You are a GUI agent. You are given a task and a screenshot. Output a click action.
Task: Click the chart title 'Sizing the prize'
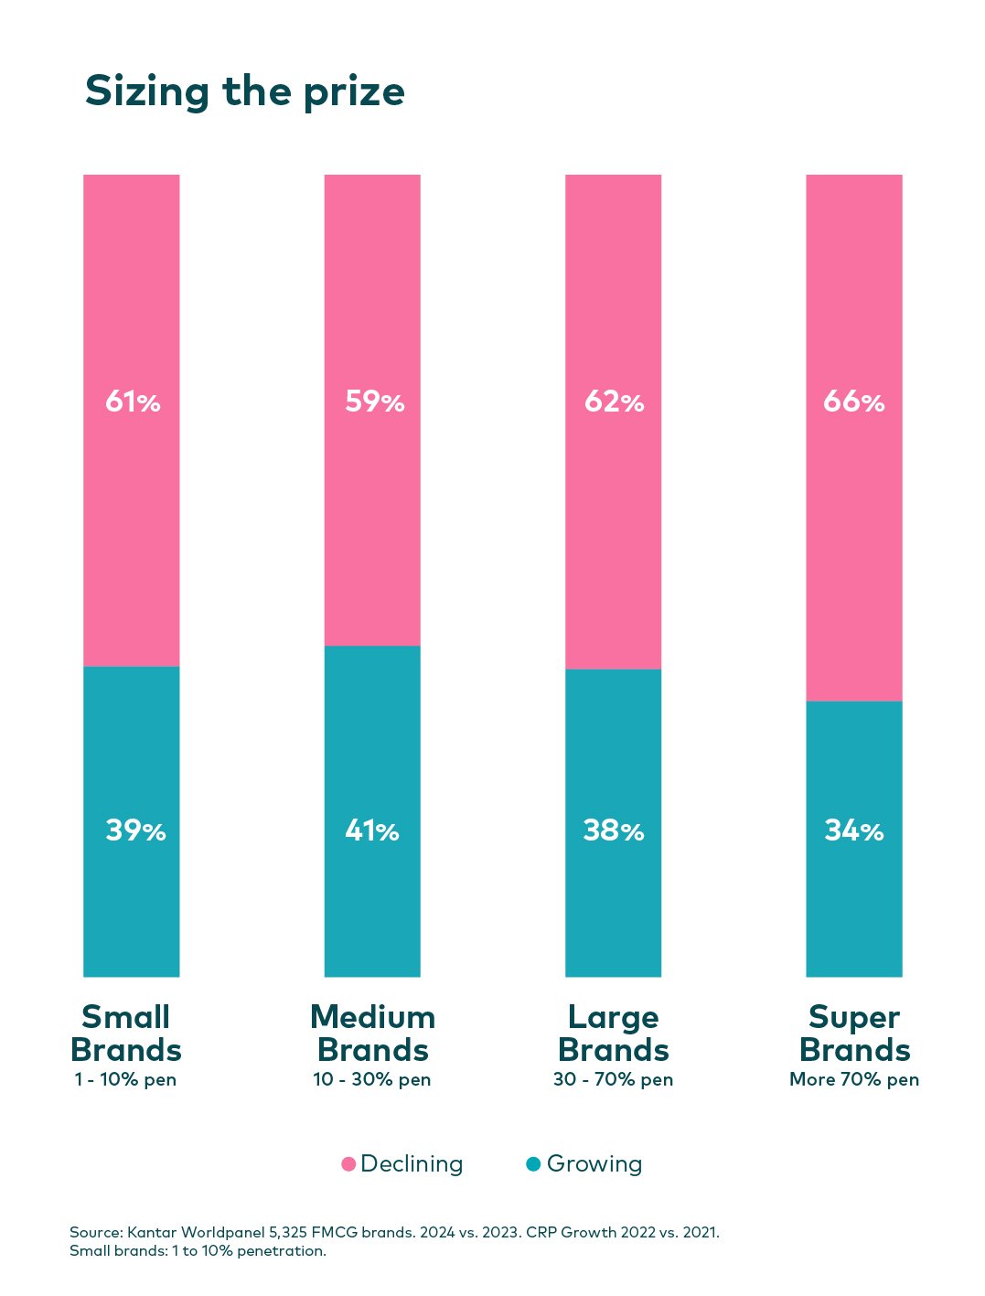pos(244,92)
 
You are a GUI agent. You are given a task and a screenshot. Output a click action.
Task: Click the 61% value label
pos(133,402)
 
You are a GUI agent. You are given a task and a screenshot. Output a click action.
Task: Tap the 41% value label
pos(372,830)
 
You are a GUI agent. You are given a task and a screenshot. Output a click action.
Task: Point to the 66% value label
pos(853,402)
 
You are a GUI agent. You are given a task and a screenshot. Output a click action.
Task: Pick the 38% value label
pos(614,830)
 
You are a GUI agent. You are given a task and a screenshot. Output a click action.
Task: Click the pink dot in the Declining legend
pos(348,1164)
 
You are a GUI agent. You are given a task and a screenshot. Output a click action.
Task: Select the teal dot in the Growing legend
pos(534,1164)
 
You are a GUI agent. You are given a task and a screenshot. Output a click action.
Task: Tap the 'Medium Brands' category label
pos(372,1034)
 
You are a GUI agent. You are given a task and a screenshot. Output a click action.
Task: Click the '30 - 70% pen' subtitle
pos(613,1079)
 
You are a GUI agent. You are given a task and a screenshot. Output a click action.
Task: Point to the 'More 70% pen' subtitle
pos(854,1079)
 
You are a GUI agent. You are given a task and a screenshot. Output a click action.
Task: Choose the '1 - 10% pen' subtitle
pos(125,1079)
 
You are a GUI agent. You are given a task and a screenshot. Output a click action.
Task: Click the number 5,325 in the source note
pos(288,1232)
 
